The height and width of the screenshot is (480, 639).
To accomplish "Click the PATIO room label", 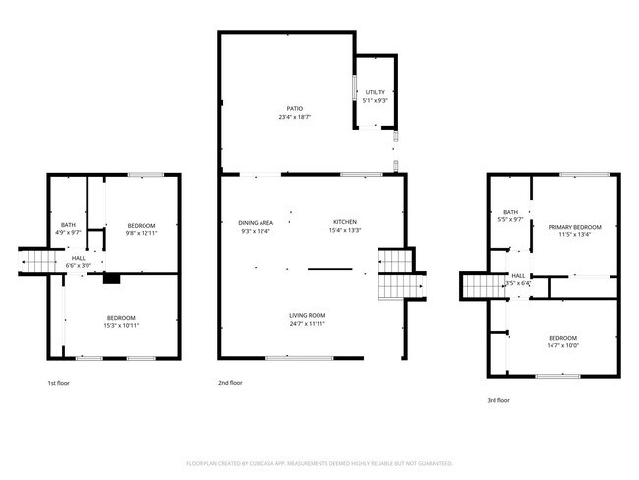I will coord(294,108).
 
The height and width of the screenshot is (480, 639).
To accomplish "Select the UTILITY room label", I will coord(376,92).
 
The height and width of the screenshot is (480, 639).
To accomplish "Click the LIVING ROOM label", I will coord(307,315).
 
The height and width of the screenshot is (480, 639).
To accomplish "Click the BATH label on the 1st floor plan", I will coord(68,225).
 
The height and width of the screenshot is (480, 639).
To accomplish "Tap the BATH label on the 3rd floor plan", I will coord(510,212).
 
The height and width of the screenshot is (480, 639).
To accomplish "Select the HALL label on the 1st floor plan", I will coord(78,258).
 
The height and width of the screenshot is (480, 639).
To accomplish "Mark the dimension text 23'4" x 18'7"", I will coord(294,117).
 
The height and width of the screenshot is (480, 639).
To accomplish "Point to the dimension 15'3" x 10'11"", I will coord(121,325).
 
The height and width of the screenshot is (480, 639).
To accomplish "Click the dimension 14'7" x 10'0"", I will coord(563,345).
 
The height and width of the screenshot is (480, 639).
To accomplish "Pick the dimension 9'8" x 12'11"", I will coord(141,234).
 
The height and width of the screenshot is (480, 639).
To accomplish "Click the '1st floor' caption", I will coord(59,382).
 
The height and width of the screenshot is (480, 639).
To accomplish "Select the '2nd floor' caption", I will coord(230,382).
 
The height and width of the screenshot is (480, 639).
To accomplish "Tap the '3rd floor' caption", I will coord(498,400).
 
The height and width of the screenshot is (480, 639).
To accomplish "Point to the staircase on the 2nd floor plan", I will coord(393,274).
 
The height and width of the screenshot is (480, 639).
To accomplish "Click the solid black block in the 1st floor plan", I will coord(112,279).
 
